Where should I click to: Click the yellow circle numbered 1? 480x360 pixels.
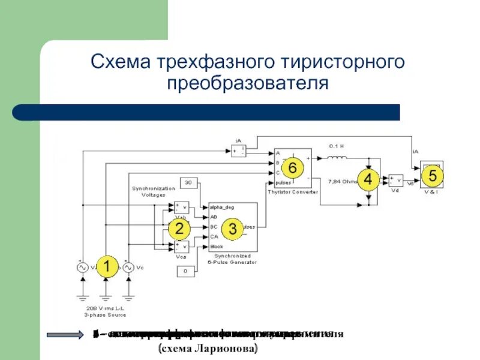107,267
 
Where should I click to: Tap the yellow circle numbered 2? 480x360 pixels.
179,228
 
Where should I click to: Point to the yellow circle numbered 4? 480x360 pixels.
368,179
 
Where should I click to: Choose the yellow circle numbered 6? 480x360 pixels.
292,167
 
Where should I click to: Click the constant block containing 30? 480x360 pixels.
188,183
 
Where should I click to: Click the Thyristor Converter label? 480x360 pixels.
293,192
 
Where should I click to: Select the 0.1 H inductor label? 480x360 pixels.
337,146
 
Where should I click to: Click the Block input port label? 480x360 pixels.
217,247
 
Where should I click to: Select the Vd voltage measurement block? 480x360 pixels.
395,179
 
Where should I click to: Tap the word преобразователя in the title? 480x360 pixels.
248,82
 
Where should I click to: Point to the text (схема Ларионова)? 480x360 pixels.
207,349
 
